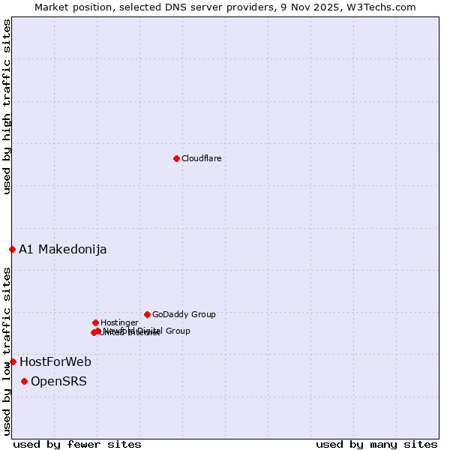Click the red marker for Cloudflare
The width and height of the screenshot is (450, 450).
tap(176, 158)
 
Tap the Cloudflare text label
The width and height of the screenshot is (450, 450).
tap(201, 158)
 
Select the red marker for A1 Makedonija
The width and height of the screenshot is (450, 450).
tap(12, 249)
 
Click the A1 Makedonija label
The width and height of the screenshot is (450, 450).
tap(62, 249)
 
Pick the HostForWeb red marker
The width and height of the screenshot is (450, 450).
tap(13, 361)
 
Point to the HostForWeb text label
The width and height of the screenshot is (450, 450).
tap(55, 361)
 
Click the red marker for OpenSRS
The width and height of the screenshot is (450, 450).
tap(24, 381)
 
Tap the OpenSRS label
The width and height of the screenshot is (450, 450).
tap(58, 381)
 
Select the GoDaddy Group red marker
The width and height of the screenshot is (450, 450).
tap(147, 314)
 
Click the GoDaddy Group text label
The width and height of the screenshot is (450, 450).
tap(184, 314)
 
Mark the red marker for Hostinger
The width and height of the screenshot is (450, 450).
tap(95, 322)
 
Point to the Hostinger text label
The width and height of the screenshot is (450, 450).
tap(119, 322)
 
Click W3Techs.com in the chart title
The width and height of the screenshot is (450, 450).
tap(385, 7)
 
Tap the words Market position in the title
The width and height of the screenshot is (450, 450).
tap(71, 7)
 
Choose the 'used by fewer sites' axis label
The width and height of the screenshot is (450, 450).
tap(77, 444)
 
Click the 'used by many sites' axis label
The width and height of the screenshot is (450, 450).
tap(376, 444)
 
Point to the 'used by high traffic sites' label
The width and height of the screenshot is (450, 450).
tap(7, 106)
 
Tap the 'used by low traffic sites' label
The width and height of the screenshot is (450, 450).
tap(7, 351)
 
